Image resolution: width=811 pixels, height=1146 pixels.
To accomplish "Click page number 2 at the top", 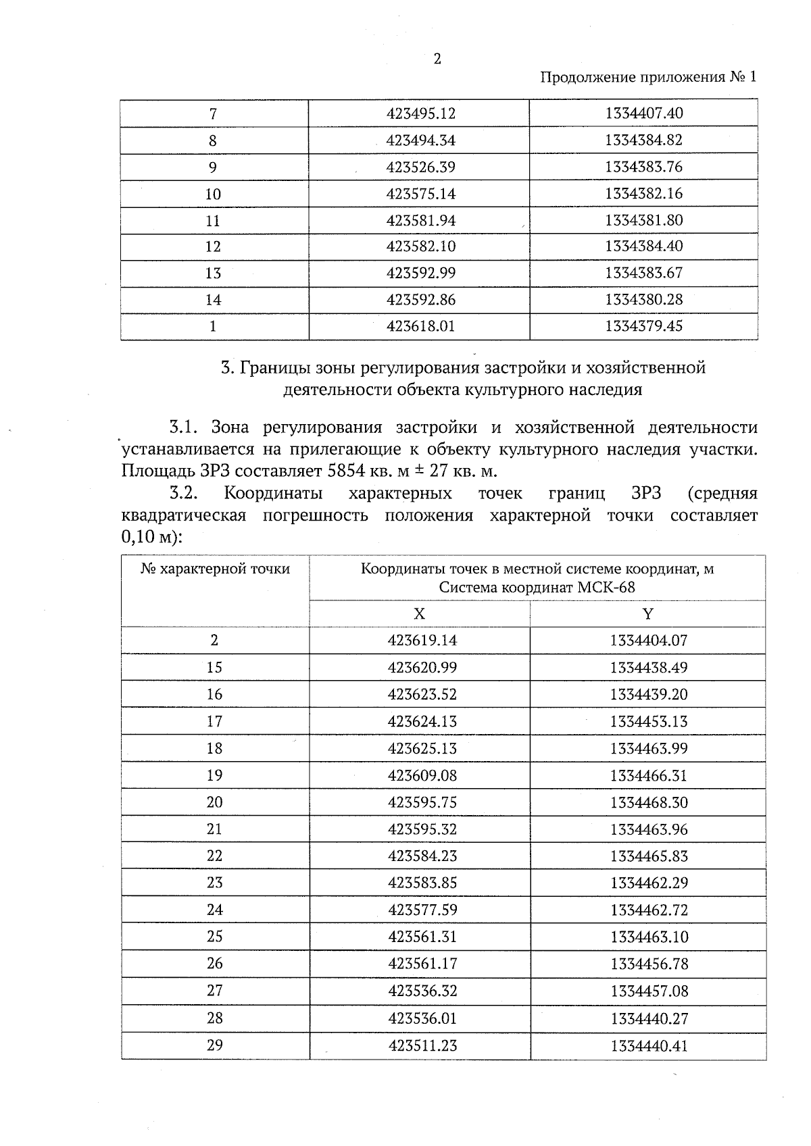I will [437, 59].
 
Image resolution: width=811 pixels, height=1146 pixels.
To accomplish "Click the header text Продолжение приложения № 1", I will [648, 77].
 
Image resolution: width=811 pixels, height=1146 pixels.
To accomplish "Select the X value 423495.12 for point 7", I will [420, 113].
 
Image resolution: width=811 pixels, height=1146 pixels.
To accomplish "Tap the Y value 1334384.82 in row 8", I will [643, 140].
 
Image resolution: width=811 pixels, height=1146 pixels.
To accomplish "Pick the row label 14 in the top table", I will [213, 300].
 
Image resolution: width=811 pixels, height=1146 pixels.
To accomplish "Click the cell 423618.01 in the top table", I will [420, 326].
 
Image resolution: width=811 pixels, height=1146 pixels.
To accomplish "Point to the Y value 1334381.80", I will [643, 220].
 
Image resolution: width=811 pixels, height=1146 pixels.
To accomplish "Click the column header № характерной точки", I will [215, 569].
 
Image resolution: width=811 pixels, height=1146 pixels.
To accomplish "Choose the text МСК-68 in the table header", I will [606, 588].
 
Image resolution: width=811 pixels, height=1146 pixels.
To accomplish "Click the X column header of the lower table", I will [420, 614].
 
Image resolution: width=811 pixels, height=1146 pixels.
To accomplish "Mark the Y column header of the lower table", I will [648, 614].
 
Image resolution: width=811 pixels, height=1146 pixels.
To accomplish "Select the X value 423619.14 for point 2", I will [422, 641].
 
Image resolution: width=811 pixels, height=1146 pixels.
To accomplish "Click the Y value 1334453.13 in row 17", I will [648, 722].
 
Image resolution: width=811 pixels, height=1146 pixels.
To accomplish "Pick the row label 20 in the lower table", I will [214, 802].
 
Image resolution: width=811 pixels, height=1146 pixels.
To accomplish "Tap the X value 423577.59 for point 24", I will [422, 910].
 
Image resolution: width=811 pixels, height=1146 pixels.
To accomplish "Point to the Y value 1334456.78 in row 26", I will [648, 964].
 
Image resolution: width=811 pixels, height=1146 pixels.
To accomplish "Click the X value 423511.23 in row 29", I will [422, 1046].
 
